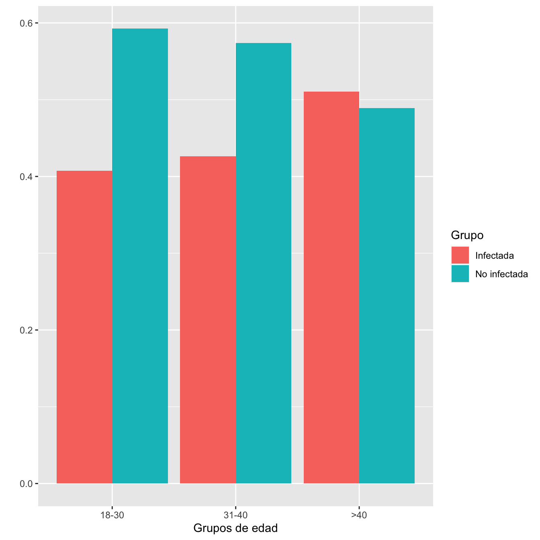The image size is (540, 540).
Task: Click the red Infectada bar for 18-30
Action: pos(84,327)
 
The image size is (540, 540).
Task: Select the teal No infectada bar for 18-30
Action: pos(140,256)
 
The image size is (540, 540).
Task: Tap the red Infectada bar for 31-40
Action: pos(208,320)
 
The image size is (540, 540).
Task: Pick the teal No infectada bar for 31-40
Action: pos(264,263)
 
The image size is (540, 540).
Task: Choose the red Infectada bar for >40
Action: pos(331,288)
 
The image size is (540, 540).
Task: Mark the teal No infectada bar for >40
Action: pos(387,296)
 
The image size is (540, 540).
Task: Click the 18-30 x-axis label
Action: pos(112,515)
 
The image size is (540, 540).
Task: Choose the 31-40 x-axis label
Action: pos(235,515)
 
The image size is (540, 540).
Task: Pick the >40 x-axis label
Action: pos(359,515)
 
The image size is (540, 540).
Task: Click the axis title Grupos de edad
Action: pos(235,528)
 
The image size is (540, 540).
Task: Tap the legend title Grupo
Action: pos(467,235)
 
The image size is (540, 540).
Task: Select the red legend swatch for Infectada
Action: pos(460,256)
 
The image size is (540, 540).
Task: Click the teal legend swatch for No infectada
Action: pos(460,274)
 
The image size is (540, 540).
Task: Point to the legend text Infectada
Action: pos(494,256)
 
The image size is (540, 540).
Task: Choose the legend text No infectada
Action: pos(501,274)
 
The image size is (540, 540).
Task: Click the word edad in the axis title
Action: pos(265,528)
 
